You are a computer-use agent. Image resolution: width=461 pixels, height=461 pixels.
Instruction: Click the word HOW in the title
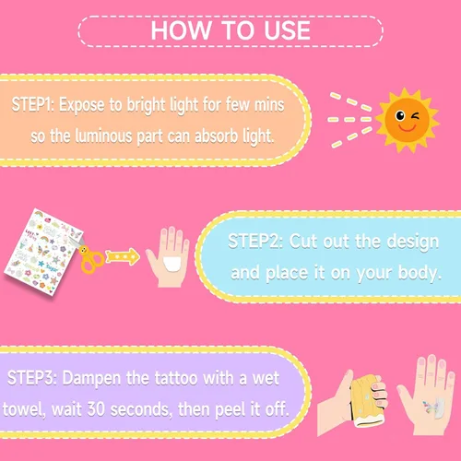(181, 30)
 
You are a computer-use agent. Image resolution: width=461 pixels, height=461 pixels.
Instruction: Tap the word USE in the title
(287, 30)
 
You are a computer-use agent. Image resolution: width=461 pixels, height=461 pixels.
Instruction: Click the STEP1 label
(33, 104)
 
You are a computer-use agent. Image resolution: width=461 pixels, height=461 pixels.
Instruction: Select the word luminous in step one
(103, 136)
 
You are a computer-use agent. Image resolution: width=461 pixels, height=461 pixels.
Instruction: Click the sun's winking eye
(416, 116)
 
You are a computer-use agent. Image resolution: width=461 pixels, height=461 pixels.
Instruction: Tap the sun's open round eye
(400, 115)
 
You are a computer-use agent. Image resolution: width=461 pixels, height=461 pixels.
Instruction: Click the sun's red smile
(408, 127)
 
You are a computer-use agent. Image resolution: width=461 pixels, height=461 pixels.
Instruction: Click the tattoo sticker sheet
(43, 252)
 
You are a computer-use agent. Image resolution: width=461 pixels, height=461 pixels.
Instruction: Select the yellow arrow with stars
(123, 257)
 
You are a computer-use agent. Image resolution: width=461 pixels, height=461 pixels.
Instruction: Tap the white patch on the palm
(172, 265)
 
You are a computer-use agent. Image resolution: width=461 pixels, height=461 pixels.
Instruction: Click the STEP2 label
(255, 241)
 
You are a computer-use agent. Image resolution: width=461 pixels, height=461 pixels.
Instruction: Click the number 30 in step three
(96, 409)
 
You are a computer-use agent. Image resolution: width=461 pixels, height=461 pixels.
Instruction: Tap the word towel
(23, 409)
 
